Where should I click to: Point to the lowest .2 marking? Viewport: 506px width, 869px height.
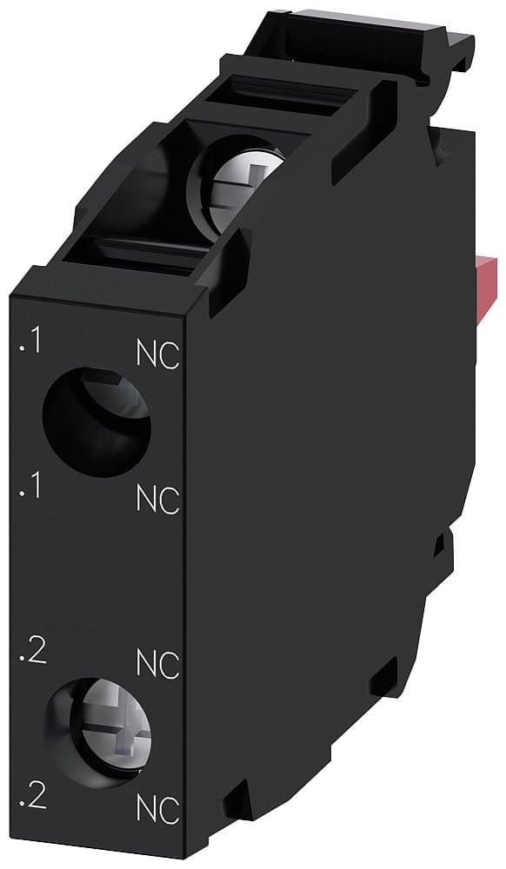tap(31, 799)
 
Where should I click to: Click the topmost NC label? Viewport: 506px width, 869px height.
tap(158, 355)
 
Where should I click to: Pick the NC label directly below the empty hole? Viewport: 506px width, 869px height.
tap(158, 499)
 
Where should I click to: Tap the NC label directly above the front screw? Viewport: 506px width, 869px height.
tap(158, 665)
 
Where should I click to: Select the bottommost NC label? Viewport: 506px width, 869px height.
tap(158, 809)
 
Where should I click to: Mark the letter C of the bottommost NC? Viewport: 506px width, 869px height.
tap(170, 809)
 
